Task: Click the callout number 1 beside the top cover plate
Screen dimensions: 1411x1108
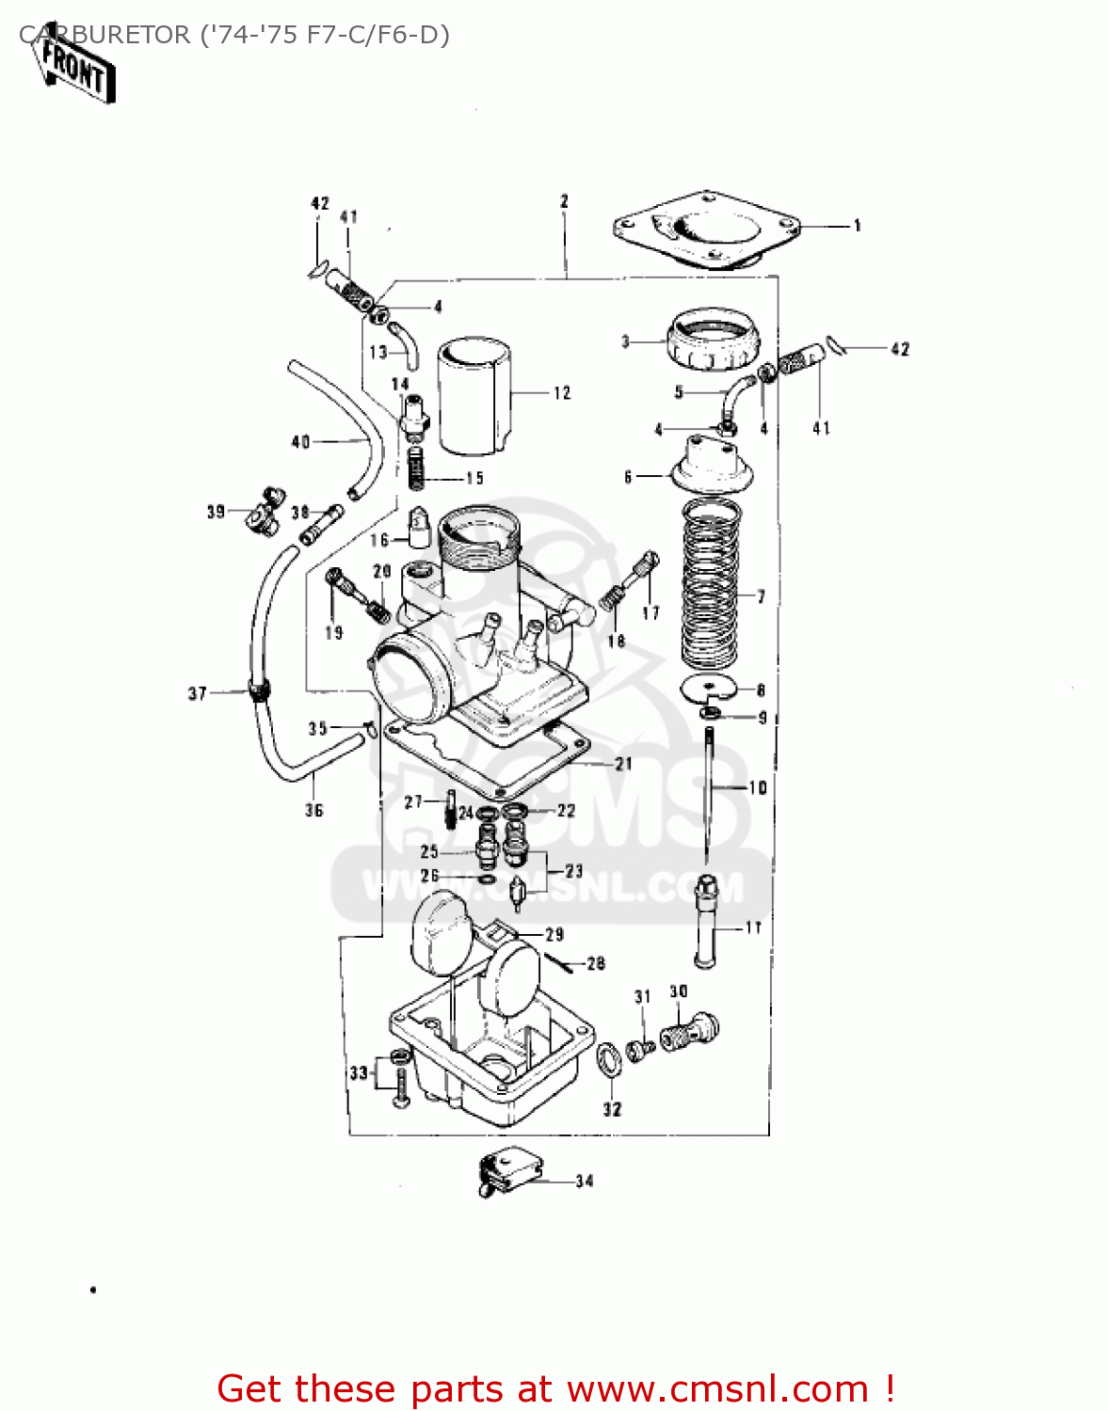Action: point(857,226)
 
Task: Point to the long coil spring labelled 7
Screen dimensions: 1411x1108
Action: point(711,584)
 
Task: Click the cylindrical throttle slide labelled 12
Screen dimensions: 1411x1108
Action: point(474,393)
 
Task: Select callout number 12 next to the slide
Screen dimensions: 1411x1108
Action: point(562,393)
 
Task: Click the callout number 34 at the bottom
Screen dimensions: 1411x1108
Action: point(585,1181)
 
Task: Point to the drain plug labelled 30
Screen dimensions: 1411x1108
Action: point(691,1031)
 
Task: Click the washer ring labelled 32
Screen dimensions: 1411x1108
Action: point(608,1060)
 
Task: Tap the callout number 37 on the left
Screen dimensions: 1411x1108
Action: point(197,693)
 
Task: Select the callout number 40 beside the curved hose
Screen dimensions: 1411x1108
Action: point(300,441)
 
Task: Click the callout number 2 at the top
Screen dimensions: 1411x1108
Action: point(564,201)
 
